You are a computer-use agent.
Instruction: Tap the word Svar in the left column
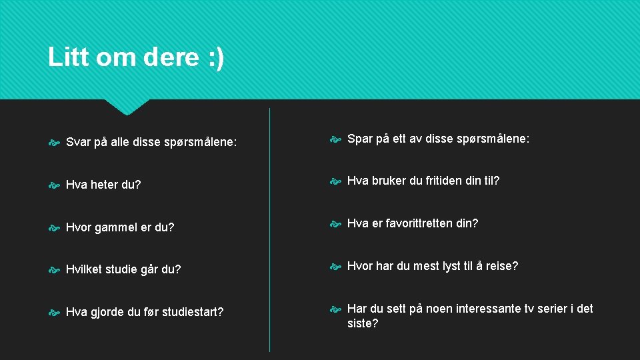[x=78, y=141]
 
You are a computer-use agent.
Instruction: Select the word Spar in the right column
[x=360, y=139]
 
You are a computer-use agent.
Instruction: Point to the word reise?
[x=502, y=266]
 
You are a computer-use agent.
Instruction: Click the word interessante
[x=493, y=309]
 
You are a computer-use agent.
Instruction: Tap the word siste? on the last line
[x=363, y=323]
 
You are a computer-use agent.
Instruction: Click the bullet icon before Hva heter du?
[x=54, y=185]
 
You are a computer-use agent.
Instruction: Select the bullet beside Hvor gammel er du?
[x=54, y=227]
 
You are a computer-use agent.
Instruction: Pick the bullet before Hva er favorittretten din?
[x=335, y=223]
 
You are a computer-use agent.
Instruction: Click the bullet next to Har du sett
[x=335, y=309]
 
